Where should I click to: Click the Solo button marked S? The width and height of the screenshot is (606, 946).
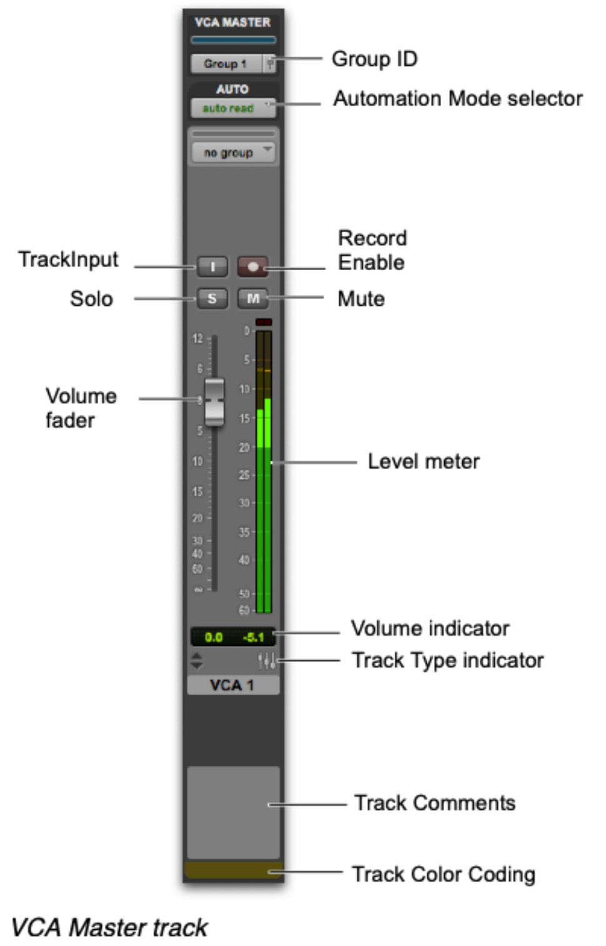[x=212, y=298]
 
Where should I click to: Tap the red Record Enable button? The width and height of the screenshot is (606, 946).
[x=252, y=267]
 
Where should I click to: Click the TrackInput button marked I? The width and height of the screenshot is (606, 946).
[x=212, y=267]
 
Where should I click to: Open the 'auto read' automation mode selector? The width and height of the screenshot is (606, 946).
[x=232, y=108]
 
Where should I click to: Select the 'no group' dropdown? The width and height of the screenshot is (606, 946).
[x=232, y=153]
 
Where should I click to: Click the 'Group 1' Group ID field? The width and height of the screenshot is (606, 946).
[x=226, y=64]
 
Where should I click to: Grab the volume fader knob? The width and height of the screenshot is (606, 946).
[x=214, y=401]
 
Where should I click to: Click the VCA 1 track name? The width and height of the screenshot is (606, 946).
[x=232, y=685]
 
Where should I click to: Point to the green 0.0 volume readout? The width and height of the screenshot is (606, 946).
[x=214, y=637]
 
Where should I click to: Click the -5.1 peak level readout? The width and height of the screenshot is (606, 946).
[x=254, y=637]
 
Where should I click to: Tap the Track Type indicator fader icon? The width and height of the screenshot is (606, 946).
[x=266, y=660]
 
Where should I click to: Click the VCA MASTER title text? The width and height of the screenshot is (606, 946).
[x=232, y=23]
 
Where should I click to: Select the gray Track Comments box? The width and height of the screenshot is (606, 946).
[x=232, y=812]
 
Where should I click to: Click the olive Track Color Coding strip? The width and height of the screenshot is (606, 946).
[x=232, y=870]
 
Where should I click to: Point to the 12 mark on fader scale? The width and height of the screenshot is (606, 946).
[x=197, y=339]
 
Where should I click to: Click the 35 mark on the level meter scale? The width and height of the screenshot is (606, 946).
[x=244, y=532]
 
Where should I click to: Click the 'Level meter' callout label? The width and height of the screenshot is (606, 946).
[x=424, y=461]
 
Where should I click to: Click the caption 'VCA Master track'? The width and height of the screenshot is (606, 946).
[x=109, y=927]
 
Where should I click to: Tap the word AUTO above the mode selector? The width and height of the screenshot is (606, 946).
[x=232, y=89]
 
